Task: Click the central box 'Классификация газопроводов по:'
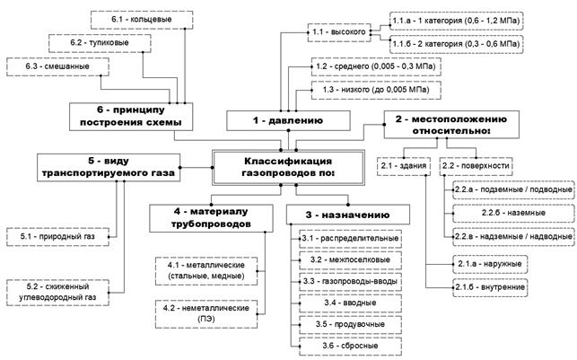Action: [x=289, y=167]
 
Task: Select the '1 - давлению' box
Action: [x=288, y=120]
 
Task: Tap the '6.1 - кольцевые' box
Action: [x=142, y=20]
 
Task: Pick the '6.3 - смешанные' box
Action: [x=57, y=67]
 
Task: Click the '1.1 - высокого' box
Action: [x=339, y=32]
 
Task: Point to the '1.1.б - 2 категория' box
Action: [x=456, y=44]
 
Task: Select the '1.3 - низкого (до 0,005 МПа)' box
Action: [x=376, y=90]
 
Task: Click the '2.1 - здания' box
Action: [x=404, y=166]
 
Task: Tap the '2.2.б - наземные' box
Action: [x=513, y=213]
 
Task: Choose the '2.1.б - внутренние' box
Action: [x=490, y=287]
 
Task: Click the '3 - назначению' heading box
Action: [x=348, y=215]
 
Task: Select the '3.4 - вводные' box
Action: [x=350, y=303]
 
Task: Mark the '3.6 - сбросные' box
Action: [x=350, y=347]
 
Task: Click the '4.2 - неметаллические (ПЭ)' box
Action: [x=206, y=314]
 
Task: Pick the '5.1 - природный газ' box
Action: [x=57, y=237]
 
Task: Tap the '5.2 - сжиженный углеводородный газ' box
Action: [x=57, y=293]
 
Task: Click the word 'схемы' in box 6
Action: [x=168, y=122]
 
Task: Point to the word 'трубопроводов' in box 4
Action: [x=211, y=224]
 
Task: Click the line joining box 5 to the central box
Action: [x=197, y=168]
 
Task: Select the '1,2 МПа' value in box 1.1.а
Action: [x=505, y=21]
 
